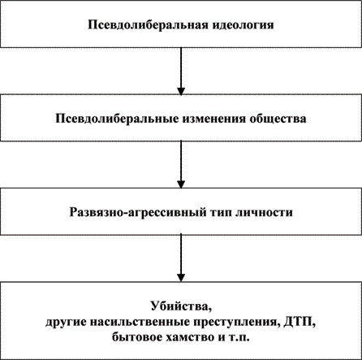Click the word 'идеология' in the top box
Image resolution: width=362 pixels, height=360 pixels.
pyautogui.click(x=243, y=25)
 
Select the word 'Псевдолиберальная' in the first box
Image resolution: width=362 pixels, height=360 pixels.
pyautogui.click(x=148, y=25)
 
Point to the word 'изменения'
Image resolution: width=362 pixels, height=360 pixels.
pyautogui.click(x=213, y=119)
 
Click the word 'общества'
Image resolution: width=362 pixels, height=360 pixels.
pyautogui.click(x=278, y=119)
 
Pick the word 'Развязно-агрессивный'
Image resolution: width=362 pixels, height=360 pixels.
pyautogui.click(x=137, y=212)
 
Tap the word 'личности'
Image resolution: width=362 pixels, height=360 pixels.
pyautogui.click(x=264, y=212)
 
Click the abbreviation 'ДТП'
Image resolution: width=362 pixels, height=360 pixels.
pyautogui.click(x=300, y=323)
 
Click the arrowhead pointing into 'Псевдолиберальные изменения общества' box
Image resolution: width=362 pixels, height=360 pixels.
pyautogui.click(x=181, y=91)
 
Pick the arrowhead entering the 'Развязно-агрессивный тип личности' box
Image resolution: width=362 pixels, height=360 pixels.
pyautogui.click(x=181, y=184)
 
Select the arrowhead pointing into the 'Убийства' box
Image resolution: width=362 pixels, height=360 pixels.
pyautogui.click(x=181, y=278)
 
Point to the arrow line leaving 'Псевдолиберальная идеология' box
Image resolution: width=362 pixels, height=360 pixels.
pyautogui.click(x=181, y=72)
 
